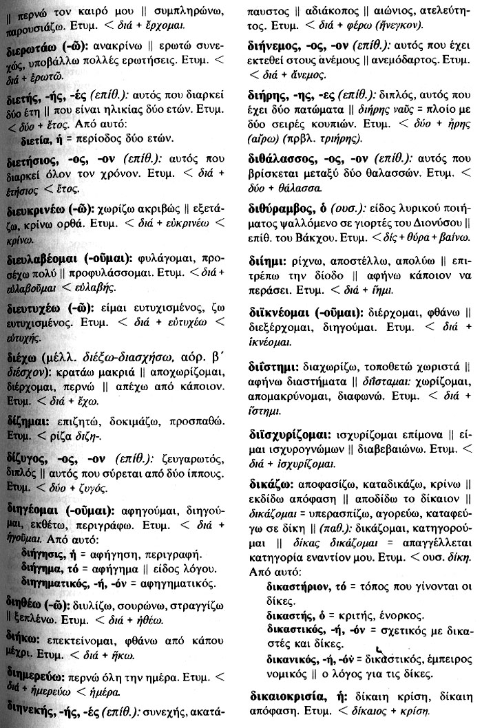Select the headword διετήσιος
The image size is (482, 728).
34,160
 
